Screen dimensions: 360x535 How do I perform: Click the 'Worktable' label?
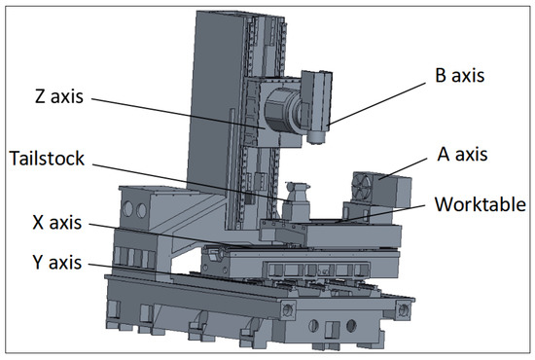tap(481, 205)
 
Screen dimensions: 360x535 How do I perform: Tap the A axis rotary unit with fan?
tap(378, 191)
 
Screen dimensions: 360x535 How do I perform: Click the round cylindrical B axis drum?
tap(282, 106)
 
